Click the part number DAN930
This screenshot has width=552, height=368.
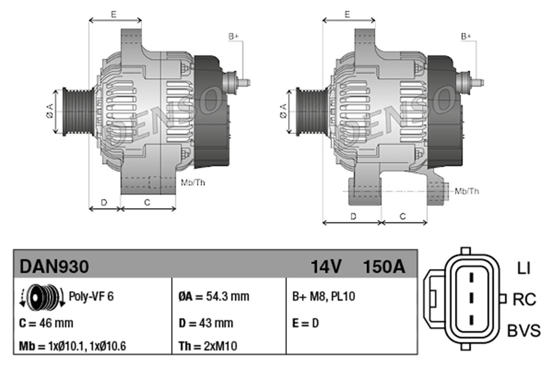point(53,266)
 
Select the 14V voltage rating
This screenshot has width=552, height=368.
point(326,266)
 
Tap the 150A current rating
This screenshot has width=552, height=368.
point(384,266)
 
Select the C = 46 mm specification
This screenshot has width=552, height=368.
point(46,323)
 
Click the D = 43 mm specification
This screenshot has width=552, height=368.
point(205,323)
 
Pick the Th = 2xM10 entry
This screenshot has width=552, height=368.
point(208,346)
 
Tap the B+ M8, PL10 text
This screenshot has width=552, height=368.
point(323,297)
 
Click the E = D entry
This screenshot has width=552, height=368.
point(305,323)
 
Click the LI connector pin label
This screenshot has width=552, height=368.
point(523,269)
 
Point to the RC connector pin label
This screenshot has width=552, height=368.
point(524,300)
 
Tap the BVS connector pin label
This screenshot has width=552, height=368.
point(524,330)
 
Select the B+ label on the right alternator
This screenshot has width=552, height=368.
point(466,36)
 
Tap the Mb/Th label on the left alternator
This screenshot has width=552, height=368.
point(193,183)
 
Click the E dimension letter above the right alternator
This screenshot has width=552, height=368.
point(348,14)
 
